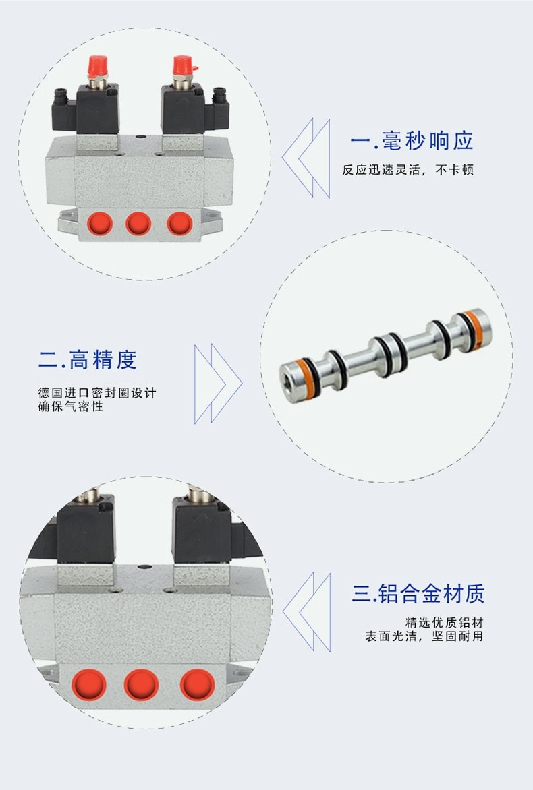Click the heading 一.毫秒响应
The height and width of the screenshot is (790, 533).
pyautogui.click(x=412, y=141)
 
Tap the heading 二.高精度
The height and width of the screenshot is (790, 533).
pyautogui.click(x=88, y=360)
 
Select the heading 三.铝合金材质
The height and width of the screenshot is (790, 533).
pyautogui.click(x=418, y=593)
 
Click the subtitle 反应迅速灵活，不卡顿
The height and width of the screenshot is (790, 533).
pyautogui.click(x=408, y=170)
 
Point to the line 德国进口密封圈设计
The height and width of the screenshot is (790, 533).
pyautogui.click(x=97, y=392)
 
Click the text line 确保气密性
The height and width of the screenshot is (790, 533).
pyautogui.click(x=71, y=406)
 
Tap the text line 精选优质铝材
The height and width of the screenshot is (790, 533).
pyautogui.click(x=444, y=623)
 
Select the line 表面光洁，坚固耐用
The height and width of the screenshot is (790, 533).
pyautogui.click(x=424, y=636)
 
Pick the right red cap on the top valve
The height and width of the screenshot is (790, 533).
pyautogui.click(x=184, y=65)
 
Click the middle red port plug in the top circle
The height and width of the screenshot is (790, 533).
pyautogui.click(x=138, y=223)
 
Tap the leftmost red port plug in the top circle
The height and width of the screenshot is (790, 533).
pyautogui.click(x=99, y=224)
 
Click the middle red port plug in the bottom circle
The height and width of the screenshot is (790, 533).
pyautogui.click(x=141, y=685)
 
